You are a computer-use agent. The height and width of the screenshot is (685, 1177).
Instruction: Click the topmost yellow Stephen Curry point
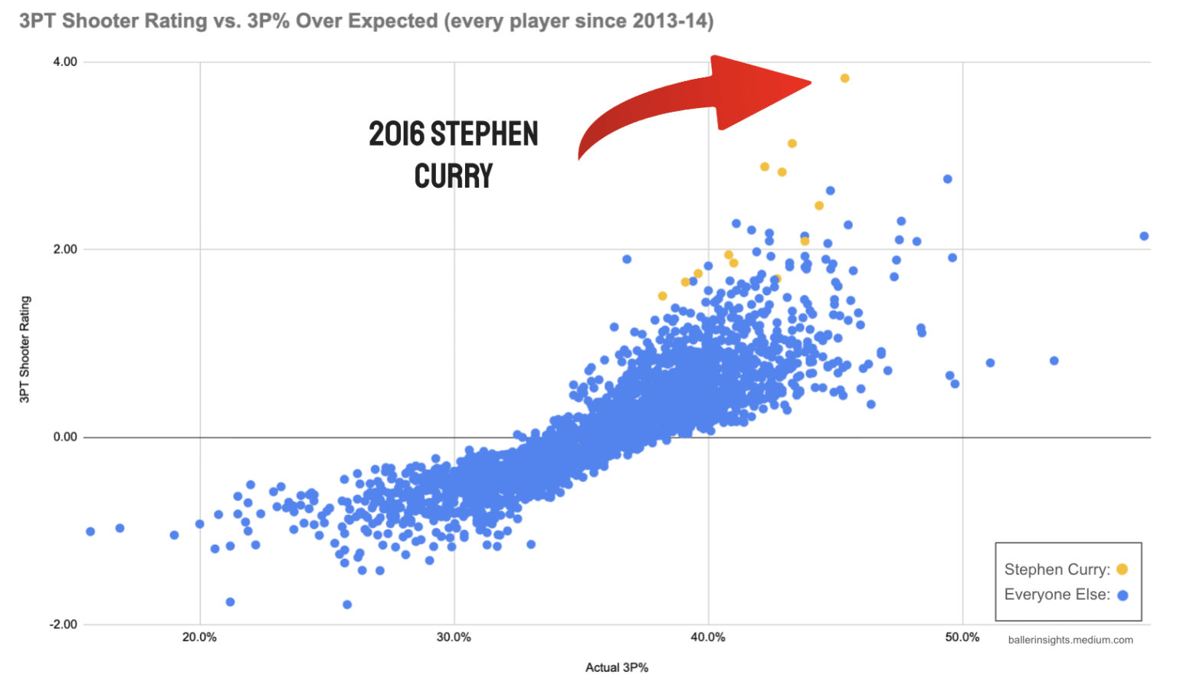844,78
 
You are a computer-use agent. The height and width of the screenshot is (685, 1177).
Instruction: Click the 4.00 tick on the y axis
65,62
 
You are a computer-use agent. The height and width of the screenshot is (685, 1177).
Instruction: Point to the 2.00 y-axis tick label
65,249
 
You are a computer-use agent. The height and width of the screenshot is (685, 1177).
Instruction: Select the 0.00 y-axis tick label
65,437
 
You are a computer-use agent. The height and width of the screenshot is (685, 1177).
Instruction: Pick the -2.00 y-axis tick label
64,624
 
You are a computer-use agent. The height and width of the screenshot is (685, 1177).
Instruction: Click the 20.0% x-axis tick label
199,637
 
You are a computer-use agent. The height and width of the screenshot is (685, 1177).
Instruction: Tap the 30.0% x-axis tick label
454,637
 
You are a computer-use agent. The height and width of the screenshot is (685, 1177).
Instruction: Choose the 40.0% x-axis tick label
708,637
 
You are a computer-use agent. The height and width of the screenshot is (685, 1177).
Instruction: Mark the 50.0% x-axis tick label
962,637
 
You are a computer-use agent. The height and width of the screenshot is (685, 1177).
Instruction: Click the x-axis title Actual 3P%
617,667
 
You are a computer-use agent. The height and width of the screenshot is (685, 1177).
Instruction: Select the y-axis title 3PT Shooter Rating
25,349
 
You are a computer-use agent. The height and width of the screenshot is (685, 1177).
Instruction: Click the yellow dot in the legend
1122,569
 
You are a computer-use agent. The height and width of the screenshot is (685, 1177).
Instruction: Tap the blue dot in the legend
1123,595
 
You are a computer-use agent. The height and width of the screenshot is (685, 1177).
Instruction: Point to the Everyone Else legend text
1057,595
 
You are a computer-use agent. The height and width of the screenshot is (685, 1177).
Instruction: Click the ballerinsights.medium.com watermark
1070,640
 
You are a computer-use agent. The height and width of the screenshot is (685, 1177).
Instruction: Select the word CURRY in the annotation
454,176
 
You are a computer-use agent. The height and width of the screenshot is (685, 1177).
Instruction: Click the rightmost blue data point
1144,236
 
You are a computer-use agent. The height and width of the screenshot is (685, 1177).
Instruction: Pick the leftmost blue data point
90,532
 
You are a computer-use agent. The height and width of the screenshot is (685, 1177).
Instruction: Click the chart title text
366,21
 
